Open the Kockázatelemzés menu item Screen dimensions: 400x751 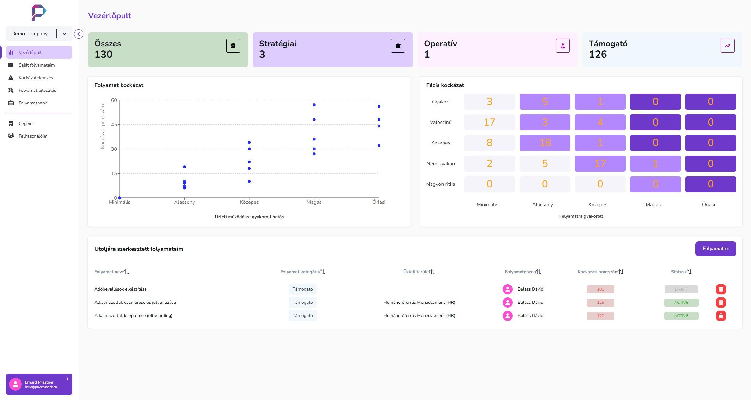click(36, 78)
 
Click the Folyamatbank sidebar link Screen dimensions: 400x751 click(33, 103)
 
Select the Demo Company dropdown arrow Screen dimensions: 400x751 click(64, 34)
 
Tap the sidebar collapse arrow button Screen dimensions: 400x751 click(79, 34)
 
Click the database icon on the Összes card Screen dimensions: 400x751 click(233, 46)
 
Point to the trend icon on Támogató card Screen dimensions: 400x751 click(727, 46)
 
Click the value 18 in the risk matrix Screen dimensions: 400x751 click(545, 143)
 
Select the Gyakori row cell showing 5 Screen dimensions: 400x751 click(545, 102)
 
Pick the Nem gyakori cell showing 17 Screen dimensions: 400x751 click(600, 163)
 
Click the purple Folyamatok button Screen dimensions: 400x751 click(715, 249)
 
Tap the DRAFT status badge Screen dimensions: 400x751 click(681, 289)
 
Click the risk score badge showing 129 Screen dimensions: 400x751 click(600, 303)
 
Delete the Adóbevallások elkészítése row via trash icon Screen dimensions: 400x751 click(721, 289)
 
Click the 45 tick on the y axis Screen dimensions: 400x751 click(114, 125)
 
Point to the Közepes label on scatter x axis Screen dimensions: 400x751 click(249, 202)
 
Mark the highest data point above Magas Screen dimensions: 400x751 click(314, 105)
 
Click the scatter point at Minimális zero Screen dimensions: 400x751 click(120, 198)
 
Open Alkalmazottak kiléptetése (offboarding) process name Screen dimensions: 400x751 click(133, 315)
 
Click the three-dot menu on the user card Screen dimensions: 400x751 click(67, 378)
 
